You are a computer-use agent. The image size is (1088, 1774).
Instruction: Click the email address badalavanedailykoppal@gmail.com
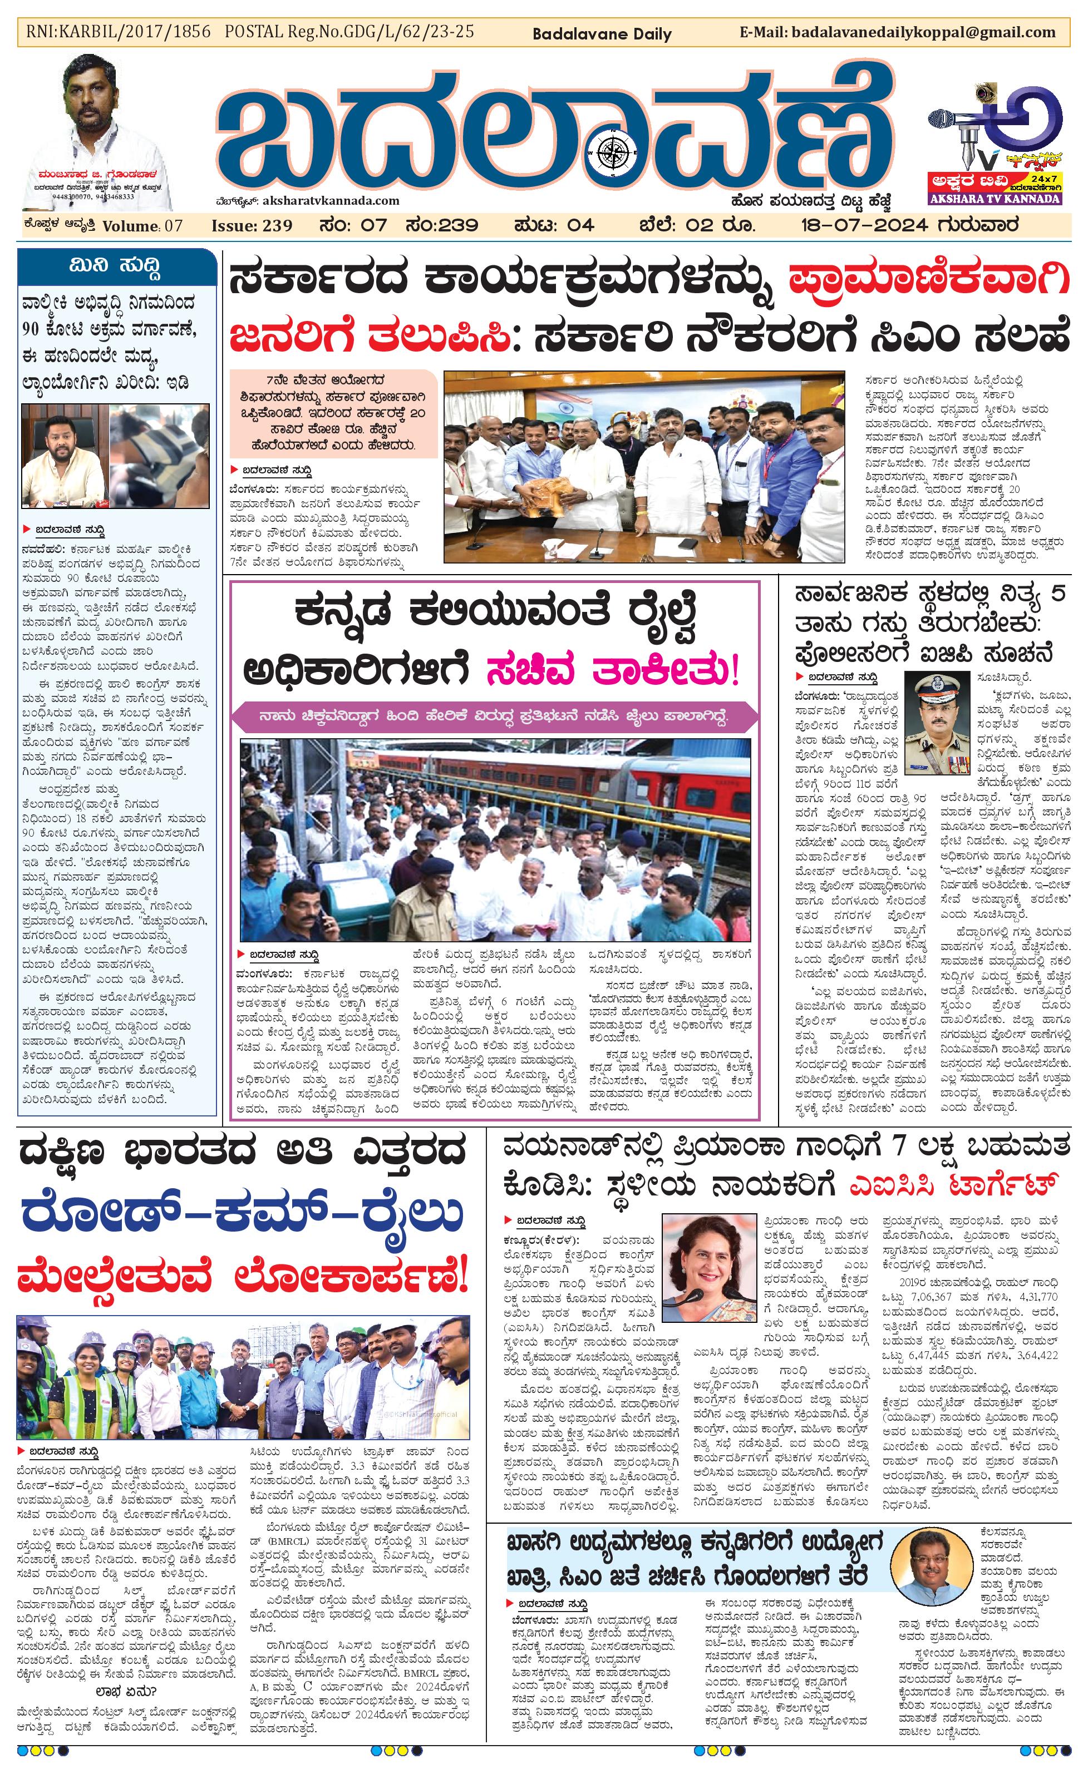(x=923, y=32)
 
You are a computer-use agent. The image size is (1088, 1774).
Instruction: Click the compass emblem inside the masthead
(x=615, y=152)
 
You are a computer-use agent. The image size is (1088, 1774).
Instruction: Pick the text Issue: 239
(x=252, y=225)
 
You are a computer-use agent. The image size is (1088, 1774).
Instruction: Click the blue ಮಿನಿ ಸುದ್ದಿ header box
(x=117, y=266)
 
